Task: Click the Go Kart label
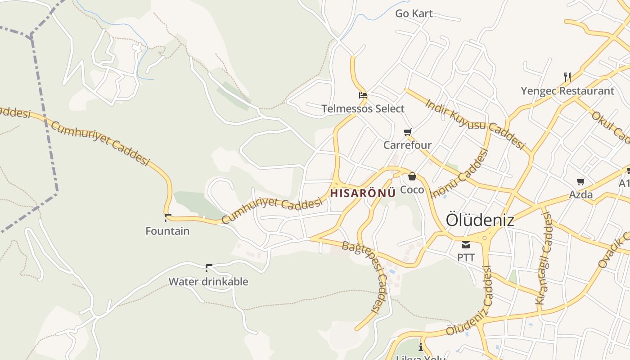pyautogui.click(x=414, y=13)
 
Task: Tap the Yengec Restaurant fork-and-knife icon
pyautogui.click(x=567, y=77)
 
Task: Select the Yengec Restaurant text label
pyautogui.click(x=567, y=91)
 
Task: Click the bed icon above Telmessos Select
pyautogui.click(x=363, y=95)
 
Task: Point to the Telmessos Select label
pyautogui.click(x=363, y=108)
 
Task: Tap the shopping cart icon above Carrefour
pyautogui.click(x=407, y=132)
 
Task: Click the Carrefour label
pyautogui.click(x=407, y=145)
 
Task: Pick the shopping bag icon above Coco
pyautogui.click(x=412, y=176)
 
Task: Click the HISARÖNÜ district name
pyautogui.click(x=363, y=193)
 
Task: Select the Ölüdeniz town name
pyautogui.click(x=480, y=220)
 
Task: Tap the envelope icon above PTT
pyautogui.click(x=465, y=245)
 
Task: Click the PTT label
pyautogui.click(x=466, y=258)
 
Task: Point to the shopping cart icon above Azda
pyautogui.click(x=580, y=182)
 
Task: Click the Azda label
pyautogui.click(x=580, y=195)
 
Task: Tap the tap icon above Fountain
pyautogui.click(x=168, y=218)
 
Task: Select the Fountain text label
pyautogui.click(x=167, y=231)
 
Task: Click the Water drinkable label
pyautogui.click(x=208, y=282)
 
